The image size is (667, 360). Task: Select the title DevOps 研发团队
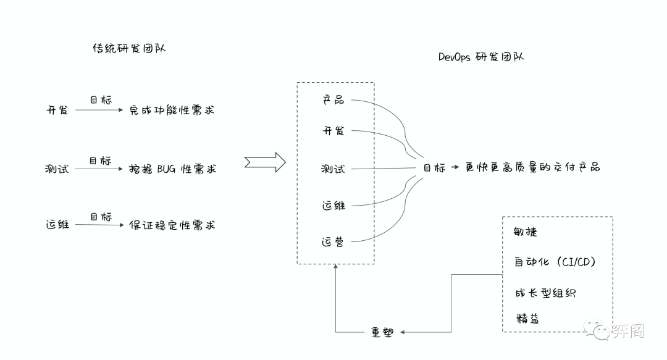point(481,57)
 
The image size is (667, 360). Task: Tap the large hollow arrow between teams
point(265,162)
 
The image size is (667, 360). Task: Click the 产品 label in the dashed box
point(333,100)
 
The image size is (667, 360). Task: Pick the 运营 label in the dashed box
point(333,241)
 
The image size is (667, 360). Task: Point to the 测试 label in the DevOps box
point(333,169)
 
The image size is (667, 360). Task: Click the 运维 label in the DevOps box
point(333,206)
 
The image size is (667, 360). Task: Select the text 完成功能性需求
point(172,111)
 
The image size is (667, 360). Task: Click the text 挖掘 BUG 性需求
point(173,169)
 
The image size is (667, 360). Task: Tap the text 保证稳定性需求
point(172,225)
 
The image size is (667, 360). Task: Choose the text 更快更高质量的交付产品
point(532,167)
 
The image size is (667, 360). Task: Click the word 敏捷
point(526,232)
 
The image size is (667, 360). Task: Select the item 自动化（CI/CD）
point(555,262)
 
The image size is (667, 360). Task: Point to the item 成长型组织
point(545,292)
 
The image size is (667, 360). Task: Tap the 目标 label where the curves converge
point(434,168)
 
